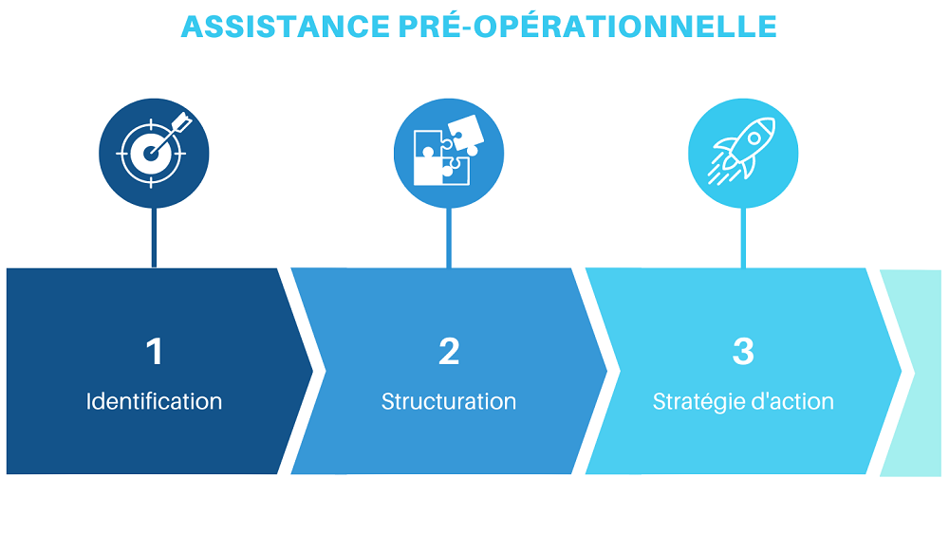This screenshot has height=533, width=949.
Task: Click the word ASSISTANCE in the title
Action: pyautogui.click(x=285, y=27)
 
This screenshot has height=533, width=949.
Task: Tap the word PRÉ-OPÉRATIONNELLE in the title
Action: pyautogui.click(x=587, y=26)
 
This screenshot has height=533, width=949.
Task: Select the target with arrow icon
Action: pyautogui.click(x=154, y=150)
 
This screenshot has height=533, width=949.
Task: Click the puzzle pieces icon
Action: pyautogui.click(x=449, y=150)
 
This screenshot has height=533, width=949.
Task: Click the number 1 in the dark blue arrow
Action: pyautogui.click(x=155, y=351)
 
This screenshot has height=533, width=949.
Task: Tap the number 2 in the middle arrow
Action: pyautogui.click(x=449, y=351)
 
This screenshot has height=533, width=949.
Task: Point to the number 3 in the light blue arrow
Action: pyautogui.click(x=743, y=351)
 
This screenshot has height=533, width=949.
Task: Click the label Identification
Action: pyautogui.click(x=154, y=401)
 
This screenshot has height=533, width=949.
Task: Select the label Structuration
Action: pyautogui.click(x=449, y=401)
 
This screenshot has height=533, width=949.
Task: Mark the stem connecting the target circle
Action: pyautogui.click(x=155, y=237)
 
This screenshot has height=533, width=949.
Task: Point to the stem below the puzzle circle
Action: pyautogui.click(x=449, y=237)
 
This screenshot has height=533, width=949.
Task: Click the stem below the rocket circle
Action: pyautogui.click(x=743, y=237)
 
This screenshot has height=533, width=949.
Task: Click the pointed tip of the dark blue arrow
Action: pyautogui.click(x=312, y=371)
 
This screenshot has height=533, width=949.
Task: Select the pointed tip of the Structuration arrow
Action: pyautogui.click(x=607, y=371)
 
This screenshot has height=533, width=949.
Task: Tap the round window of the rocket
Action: pyautogui.click(x=754, y=138)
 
